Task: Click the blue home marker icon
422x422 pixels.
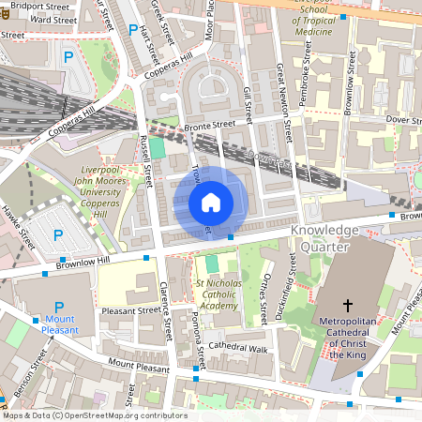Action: pos(211,202)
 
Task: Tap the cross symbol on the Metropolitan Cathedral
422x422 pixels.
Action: pos(348,306)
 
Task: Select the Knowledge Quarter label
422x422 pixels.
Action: pos(324,238)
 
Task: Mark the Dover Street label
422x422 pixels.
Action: pos(403,119)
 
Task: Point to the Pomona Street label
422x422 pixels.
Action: pos(199,331)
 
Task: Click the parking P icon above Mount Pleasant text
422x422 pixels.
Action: pos(59,307)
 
